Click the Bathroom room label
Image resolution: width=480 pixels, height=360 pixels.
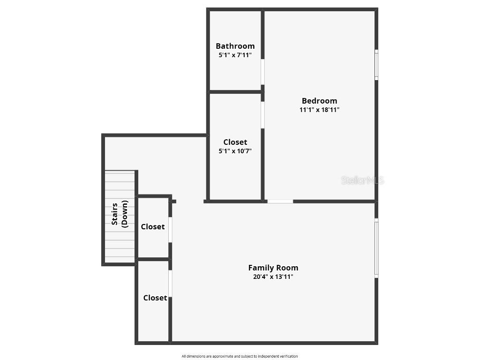(235, 46)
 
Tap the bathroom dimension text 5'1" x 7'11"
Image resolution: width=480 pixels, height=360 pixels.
(235, 55)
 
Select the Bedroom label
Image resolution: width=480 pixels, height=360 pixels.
(319, 101)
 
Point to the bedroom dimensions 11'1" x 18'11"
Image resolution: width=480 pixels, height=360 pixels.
(319, 110)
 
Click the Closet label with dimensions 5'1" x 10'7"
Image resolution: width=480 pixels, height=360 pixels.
(235, 142)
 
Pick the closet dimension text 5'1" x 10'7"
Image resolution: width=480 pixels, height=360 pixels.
(235, 151)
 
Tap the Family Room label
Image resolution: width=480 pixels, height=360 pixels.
(273, 268)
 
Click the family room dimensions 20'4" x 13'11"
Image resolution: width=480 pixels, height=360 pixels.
(273, 277)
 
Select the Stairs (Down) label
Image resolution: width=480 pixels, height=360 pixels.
(120, 214)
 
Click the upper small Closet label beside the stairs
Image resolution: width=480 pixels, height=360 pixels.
(153, 226)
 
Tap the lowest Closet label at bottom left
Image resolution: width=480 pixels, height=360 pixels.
(155, 298)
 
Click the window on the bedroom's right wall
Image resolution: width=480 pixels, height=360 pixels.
(376, 65)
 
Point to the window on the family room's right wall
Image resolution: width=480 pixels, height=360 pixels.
(376, 248)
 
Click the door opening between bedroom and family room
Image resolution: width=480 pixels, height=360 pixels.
(280, 202)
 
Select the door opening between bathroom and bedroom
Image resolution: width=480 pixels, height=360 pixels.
(262, 72)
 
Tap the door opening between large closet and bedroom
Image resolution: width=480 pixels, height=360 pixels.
(262, 115)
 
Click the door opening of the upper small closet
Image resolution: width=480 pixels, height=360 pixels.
(170, 230)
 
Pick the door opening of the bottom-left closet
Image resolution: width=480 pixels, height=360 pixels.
(170, 284)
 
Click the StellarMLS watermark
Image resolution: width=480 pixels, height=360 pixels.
(362, 180)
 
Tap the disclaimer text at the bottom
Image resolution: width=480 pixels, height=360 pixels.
(240, 356)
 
